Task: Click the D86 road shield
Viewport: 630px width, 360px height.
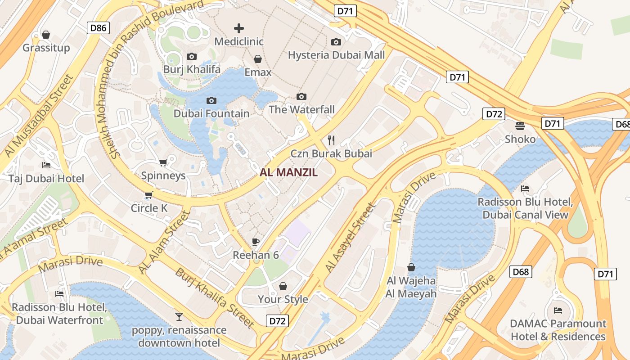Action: click(x=98, y=28)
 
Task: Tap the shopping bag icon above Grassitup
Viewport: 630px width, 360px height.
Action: click(x=46, y=35)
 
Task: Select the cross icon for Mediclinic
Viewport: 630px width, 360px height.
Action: click(x=239, y=28)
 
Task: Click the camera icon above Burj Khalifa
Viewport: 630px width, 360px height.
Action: click(x=192, y=56)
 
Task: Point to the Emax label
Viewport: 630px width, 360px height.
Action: click(x=258, y=72)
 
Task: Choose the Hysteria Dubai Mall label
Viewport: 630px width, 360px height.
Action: click(x=336, y=55)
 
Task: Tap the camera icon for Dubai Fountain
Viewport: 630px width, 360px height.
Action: click(x=211, y=100)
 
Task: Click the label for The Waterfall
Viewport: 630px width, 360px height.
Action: click(x=301, y=109)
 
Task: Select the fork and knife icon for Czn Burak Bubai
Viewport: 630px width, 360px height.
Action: click(x=332, y=140)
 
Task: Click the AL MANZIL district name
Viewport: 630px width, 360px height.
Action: click(x=289, y=172)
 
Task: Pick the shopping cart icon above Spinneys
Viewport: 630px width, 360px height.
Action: click(x=163, y=162)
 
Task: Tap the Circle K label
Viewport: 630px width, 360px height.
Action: click(x=149, y=208)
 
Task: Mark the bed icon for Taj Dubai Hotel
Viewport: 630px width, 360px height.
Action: click(x=46, y=165)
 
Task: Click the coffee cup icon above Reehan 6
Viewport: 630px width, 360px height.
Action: click(x=256, y=242)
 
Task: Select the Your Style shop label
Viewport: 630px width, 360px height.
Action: click(x=283, y=299)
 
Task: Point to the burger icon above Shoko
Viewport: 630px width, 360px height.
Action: click(x=520, y=126)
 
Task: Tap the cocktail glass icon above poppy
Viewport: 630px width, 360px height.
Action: click(x=179, y=317)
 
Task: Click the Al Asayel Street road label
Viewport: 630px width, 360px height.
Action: click(x=350, y=238)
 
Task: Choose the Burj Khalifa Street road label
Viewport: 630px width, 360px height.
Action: click(x=215, y=297)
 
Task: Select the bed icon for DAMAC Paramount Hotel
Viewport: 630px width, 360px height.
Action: click(x=558, y=310)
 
